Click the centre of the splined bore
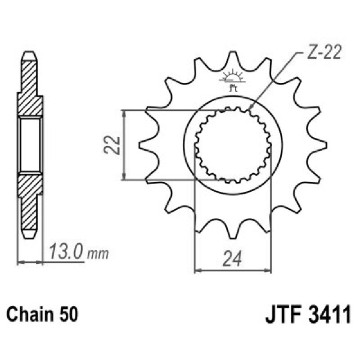(x=233, y=145)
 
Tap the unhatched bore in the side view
(x=30, y=145)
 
